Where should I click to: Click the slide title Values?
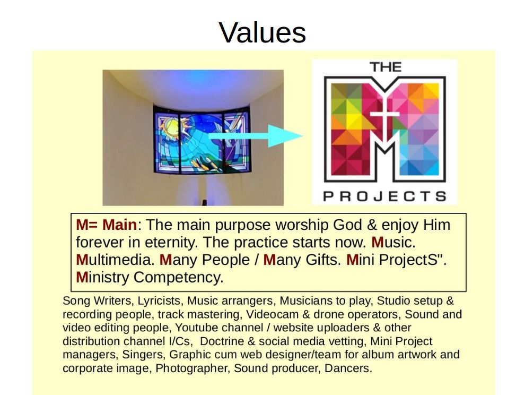click(262, 32)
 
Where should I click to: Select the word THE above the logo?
click(386, 67)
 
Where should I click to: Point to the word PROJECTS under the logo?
click(385, 196)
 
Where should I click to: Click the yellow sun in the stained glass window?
click(172, 127)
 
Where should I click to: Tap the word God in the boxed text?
click(347, 225)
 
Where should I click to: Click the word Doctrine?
click(223, 341)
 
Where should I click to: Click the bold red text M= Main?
click(107, 225)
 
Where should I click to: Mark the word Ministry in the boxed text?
click(103, 277)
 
